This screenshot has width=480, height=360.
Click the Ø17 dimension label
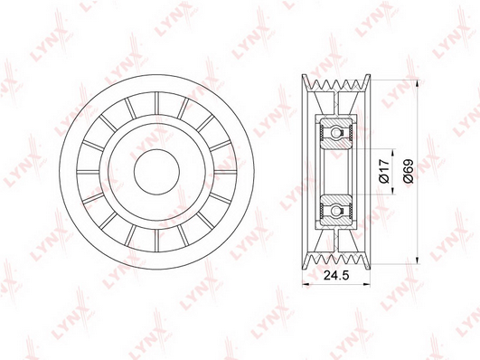pyautogui.click(x=384, y=172)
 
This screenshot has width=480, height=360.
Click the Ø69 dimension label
pyautogui.click(x=409, y=172)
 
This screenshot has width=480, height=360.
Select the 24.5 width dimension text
pyautogui.click(x=336, y=276)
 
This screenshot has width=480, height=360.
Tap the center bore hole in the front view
pyautogui.click(x=156, y=172)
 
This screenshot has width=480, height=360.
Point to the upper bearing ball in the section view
pyautogui.click(x=336, y=134)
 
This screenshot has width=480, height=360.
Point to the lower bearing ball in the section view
pyautogui.click(x=336, y=210)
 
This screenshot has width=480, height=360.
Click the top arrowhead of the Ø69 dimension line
pyautogui.click(x=418, y=83)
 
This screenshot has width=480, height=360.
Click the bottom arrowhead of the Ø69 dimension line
pyautogui.click(x=418, y=261)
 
